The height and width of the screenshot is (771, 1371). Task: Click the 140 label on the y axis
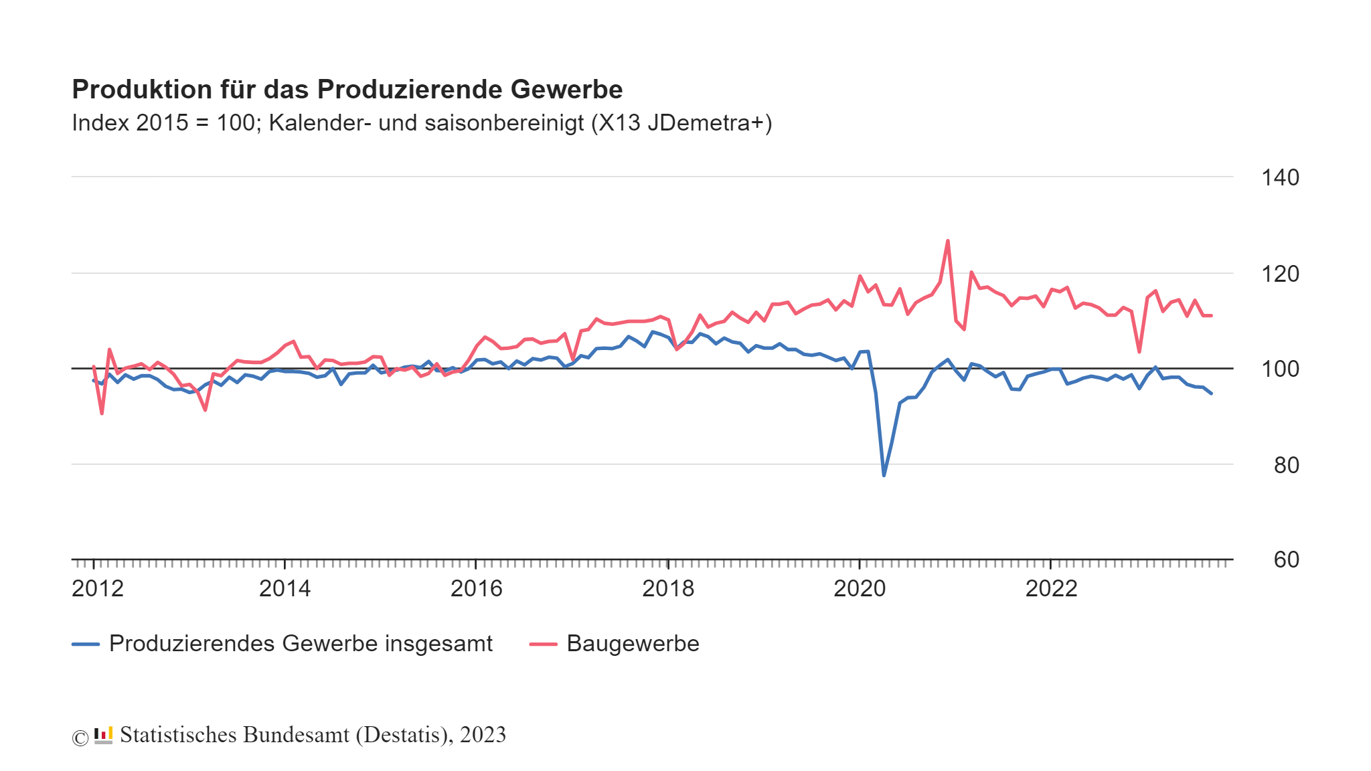[x=1279, y=177]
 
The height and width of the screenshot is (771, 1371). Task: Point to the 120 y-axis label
[x=1279, y=274]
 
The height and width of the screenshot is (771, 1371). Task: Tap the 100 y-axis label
[x=1279, y=369]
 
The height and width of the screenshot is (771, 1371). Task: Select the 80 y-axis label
[x=1285, y=464]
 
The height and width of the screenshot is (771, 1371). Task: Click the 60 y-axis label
[x=1285, y=560]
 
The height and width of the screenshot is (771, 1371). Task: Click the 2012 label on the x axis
[x=98, y=588]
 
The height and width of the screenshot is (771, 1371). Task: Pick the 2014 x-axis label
[x=285, y=588]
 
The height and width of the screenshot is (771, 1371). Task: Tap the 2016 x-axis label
[x=476, y=588]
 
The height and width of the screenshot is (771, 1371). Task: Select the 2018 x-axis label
[x=668, y=588]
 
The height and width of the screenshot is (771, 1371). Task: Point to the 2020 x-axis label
[x=860, y=588]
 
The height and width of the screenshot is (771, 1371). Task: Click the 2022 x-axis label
[x=1051, y=588]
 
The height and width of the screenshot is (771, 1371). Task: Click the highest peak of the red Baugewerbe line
[x=947, y=241]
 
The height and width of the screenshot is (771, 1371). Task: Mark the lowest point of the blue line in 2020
[x=884, y=475]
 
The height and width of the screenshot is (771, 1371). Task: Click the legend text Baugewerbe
[x=633, y=643]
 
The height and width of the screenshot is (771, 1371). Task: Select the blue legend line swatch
[x=86, y=644]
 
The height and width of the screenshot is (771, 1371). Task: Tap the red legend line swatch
[x=543, y=644]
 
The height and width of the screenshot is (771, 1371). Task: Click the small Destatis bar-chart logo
[x=103, y=735]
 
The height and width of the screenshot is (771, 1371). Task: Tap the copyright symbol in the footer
[x=80, y=738]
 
